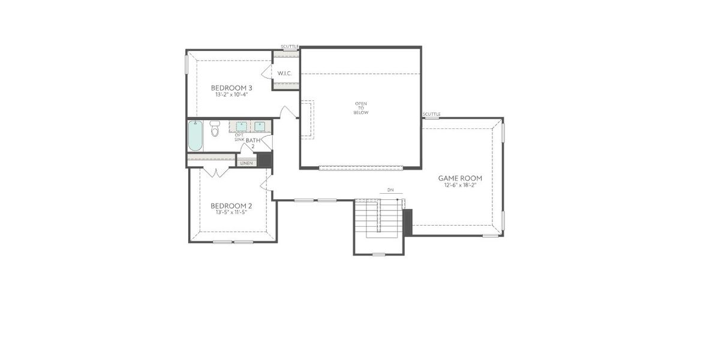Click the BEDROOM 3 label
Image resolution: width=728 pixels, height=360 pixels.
point(231,88)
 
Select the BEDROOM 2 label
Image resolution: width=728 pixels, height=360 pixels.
point(231,205)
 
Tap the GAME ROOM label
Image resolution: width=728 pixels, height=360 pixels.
point(460,178)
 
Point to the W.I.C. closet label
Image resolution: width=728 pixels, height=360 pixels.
point(284,73)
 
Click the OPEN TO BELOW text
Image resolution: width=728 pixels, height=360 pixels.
point(360,108)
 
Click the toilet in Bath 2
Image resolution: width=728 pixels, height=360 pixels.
point(215,128)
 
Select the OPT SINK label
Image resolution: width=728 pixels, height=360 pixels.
point(239,137)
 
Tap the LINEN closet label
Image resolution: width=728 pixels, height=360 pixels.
point(246,163)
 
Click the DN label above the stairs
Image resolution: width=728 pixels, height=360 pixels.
point(390,190)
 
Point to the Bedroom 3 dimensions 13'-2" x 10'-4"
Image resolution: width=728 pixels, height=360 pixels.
point(231,95)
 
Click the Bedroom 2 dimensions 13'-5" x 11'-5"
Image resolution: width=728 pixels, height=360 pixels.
point(231,212)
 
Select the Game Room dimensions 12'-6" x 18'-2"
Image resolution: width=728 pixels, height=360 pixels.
point(460,185)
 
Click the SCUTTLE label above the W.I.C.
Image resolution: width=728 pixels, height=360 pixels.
point(290,46)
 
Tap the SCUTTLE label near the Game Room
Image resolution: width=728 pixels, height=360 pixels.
point(431,114)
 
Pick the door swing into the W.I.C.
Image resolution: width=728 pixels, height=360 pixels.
point(266,73)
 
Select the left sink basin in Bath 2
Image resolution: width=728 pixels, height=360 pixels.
point(241,126)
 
